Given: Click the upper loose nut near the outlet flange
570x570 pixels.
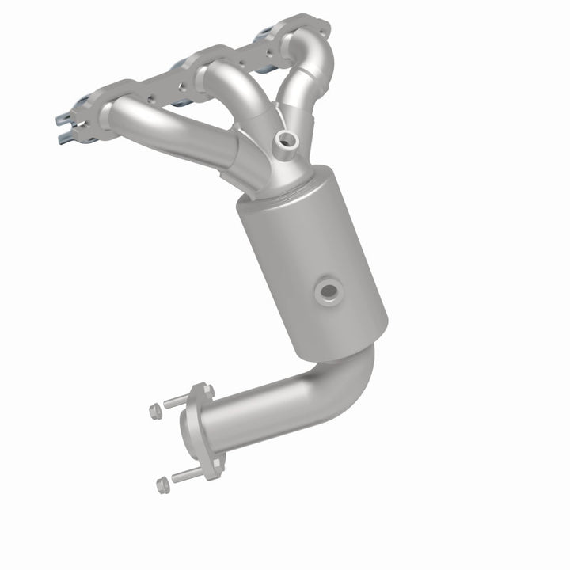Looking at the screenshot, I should click(x=154, y=410).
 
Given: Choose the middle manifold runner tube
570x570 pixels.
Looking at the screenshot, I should click(x=230, y=87).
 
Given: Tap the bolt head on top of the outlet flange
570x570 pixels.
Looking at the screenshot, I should click(x=199, y=389).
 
